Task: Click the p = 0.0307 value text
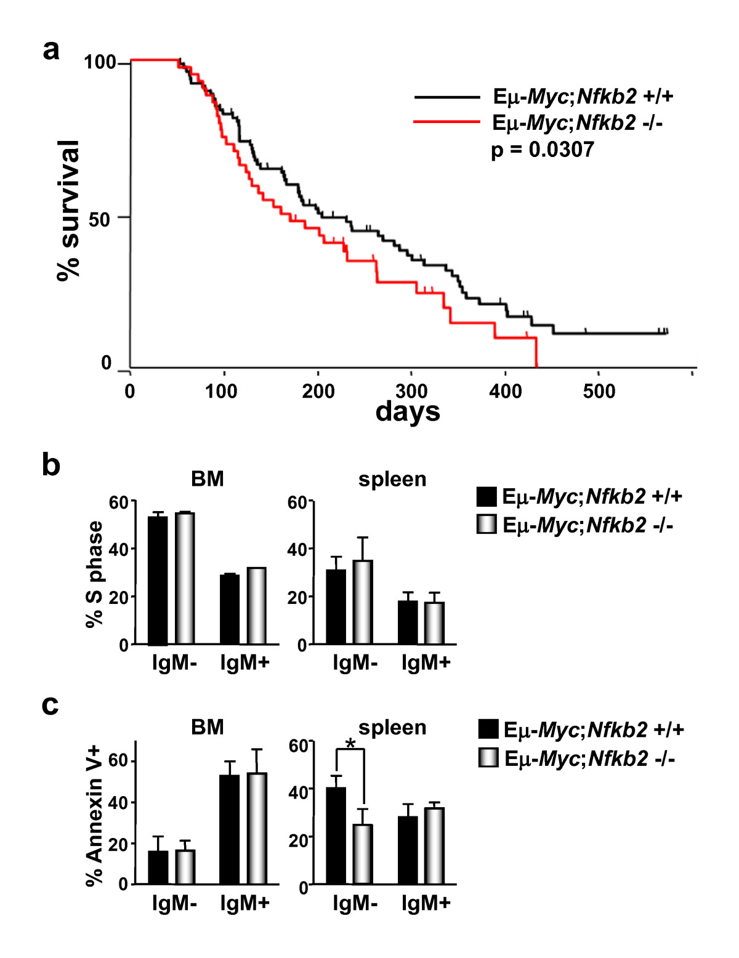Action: (x=543, y=150)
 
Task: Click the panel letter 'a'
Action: (x=50, y=50)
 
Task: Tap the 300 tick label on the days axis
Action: (x=411, y=390)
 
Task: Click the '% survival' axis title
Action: (x=68, y=211)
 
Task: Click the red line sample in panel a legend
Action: (x=446, y=121)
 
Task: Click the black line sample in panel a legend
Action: (x=446, y=97)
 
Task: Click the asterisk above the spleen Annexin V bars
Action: (x=350, y=744)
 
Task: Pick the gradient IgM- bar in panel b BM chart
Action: (x=185, y=578)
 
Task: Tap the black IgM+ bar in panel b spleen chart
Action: (x=408, y=622)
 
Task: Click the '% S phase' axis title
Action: (x=95, y=574)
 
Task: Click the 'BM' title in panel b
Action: (x=208, y=478)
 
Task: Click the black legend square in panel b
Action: (x=487, y=496)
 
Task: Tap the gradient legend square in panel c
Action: (x=488, y=758)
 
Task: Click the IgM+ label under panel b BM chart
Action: (x=244, y=662)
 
